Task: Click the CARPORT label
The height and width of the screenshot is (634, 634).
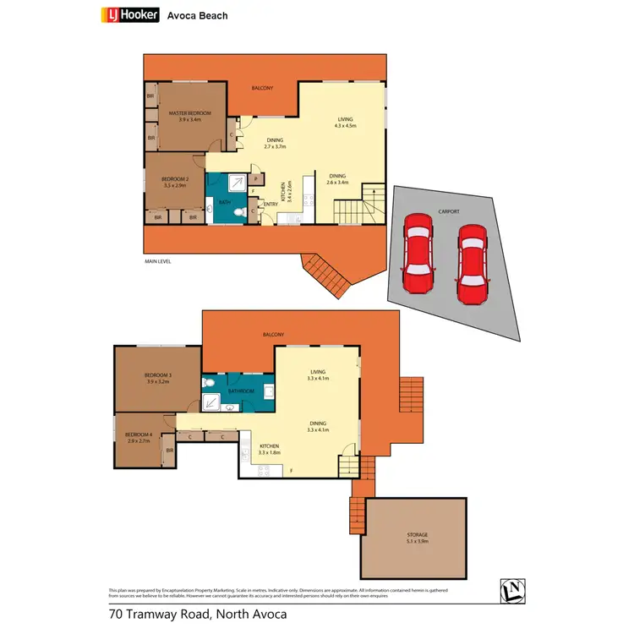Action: (x=448, y=212)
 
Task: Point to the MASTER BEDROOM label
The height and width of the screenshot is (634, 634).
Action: (x=189, y=116)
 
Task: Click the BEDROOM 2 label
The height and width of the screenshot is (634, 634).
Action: (x=174, y=181)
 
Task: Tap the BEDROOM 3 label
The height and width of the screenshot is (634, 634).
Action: (x=157, y=378)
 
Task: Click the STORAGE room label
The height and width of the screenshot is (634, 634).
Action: (x=415, y=538)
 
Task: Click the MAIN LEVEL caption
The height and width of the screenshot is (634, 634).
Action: (x=158, y=262)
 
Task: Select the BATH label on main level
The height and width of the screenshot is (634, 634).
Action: (x=225, y=203)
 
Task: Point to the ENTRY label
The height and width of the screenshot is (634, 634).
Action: (x=271, y=204)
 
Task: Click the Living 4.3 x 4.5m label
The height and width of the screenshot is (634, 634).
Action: (x=344, y=123)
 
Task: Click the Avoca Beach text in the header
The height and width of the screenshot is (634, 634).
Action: (x=198, y=15)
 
